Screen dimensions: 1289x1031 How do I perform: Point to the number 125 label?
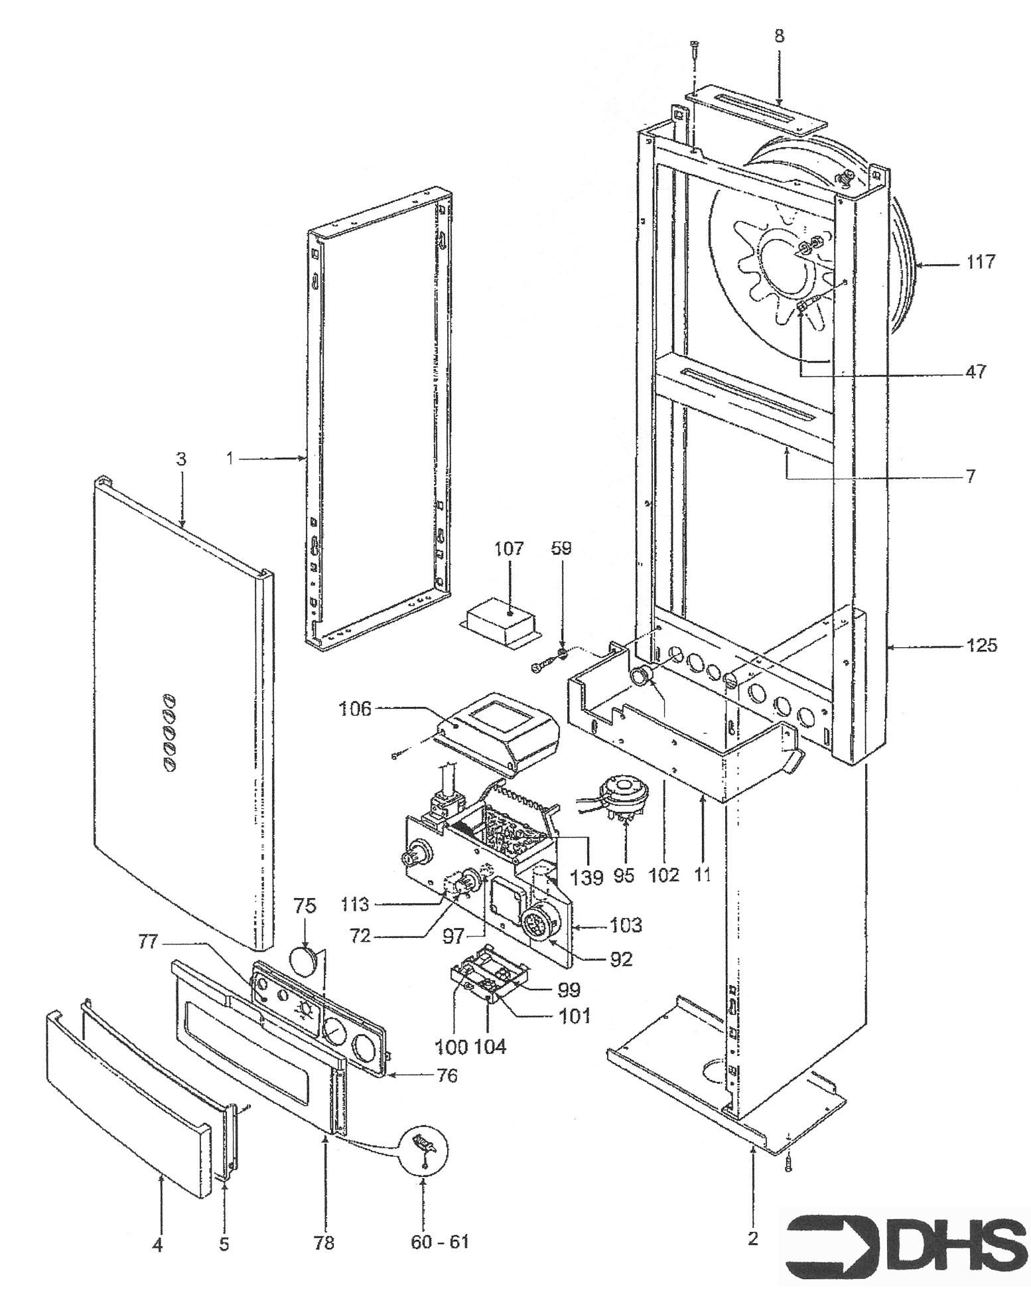[981, 645]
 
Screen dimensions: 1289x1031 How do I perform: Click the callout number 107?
[508, 549]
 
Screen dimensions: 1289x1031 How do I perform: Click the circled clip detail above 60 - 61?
[423, 1151]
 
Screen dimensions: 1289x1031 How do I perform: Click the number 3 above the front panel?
[181, 459]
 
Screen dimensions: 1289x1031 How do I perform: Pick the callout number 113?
[356, 904]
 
